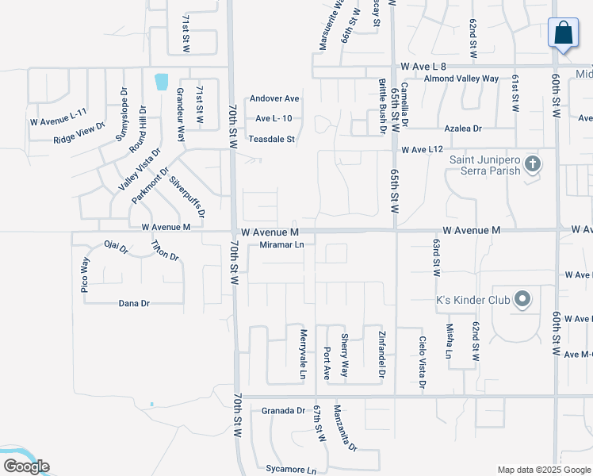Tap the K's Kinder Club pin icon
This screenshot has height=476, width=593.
[x=522, y=300]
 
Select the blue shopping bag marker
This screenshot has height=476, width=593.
[x=563, y=33]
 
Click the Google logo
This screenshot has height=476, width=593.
[x=26, y=466]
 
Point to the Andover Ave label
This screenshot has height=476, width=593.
[x=274, y=98]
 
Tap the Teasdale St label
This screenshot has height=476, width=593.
[x=272, y=139]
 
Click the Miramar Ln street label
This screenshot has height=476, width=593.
[x=282, y=245]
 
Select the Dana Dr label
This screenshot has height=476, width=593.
[x=133, y=303]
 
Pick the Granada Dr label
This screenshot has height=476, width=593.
[x=283, y=410]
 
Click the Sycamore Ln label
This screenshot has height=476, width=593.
[x=285, y=469]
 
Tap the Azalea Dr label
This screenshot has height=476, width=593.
[x=463, y=128]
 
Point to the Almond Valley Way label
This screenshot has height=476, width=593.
[x=461, y=79]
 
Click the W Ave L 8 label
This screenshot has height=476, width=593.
[x=424, y=67]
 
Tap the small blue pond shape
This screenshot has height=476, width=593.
[x=162, y=80]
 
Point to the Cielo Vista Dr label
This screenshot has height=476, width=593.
[x=423, y=362]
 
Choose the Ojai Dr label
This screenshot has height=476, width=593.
[x=116, y=248]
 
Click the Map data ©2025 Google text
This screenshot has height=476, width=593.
[x=543, y=469]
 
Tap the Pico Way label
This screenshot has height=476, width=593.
[x=85, y=274]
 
